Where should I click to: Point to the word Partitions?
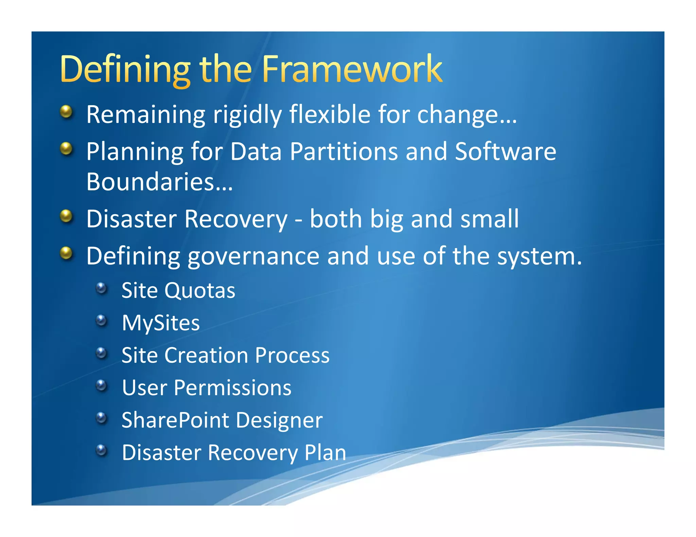pos(344,151)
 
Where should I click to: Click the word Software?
pos(505,151)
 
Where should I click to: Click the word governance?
pos(253,256)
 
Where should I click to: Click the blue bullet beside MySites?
pos(101,320)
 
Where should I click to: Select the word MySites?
pos(161,323)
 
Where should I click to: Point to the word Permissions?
pos(232,388)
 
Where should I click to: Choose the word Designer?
pos(279,420)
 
